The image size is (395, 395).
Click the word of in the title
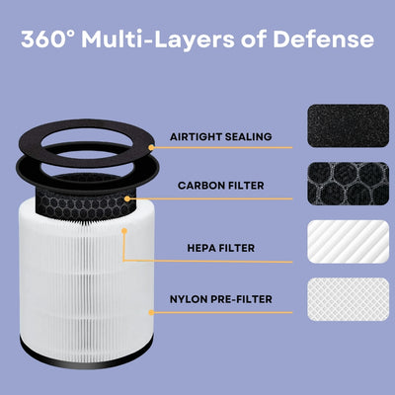(259, 39)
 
